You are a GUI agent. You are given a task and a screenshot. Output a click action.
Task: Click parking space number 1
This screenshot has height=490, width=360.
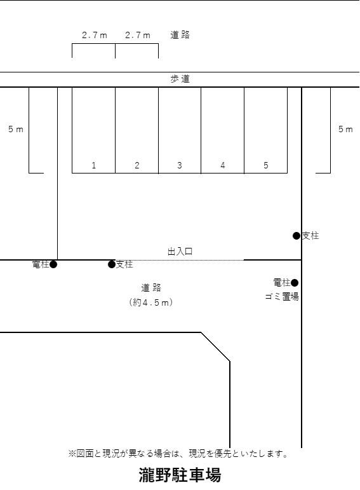click(x=93, y=165)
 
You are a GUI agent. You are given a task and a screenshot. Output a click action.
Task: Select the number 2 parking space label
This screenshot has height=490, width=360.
click(x=137, y=165)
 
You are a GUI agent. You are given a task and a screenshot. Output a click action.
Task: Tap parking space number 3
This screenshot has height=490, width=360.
click(x=180, y=165)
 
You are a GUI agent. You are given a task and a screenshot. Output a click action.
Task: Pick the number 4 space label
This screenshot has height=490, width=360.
click(x=223, y=165)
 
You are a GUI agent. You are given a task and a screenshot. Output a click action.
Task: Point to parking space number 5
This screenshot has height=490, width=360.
click(x=266, y=165)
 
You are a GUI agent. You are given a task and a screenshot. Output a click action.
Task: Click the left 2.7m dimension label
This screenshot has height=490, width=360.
click(x=95, y=36)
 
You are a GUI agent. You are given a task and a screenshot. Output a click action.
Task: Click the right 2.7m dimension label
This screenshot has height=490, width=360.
click(x=138, y=36)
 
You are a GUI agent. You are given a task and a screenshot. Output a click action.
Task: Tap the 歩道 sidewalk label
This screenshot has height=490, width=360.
click(x=180, y=79)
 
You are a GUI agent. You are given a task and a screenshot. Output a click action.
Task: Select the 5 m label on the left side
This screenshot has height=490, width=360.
click(x=16, y=129)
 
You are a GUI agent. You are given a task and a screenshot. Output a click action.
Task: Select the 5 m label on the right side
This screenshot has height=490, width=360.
click(x=345, y=129)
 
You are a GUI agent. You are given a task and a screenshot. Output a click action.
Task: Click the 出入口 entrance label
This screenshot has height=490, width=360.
click(x=180, y=252)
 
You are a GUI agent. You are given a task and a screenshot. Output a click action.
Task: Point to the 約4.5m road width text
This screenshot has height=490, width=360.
click(x=151, y=303)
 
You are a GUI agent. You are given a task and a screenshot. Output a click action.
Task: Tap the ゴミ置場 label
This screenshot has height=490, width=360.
click(x=282, y=296)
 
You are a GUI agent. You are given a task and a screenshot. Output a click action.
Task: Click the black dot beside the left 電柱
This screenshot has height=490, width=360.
click(x=53, y=264)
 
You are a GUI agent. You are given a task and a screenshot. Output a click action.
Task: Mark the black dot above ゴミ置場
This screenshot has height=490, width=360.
click(x=295, y=282)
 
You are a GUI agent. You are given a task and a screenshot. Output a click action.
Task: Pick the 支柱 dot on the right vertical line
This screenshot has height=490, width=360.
click(x=297, y=236)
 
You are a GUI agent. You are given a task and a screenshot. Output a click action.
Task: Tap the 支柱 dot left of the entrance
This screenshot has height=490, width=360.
click(x=112, y=264)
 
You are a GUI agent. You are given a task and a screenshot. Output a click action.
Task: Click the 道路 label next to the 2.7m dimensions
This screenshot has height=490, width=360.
click(x=180, y=35)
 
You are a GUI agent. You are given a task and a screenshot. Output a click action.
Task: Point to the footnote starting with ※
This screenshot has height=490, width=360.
click(x=179, y=454)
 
